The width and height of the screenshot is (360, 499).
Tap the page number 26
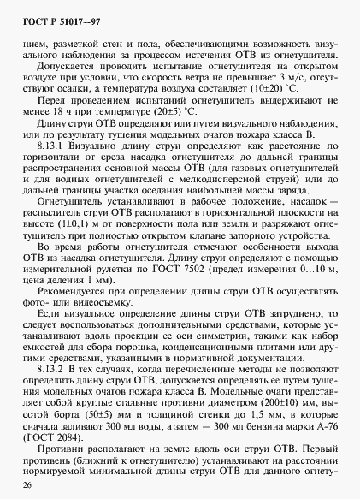pyautogui.click(x=27, y=486)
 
